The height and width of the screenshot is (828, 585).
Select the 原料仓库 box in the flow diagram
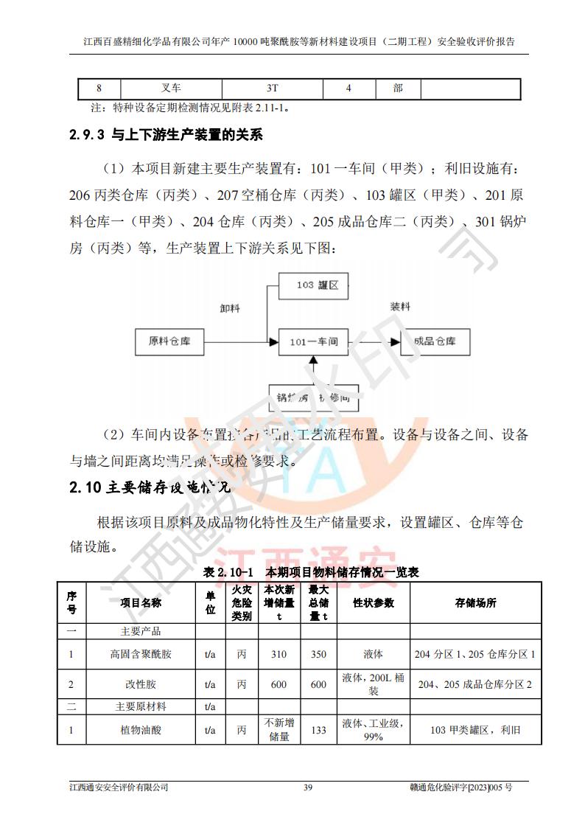pos(169,341)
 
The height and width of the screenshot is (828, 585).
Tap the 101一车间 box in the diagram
pos(313,341)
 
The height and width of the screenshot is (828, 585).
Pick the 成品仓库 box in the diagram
pos(435,341)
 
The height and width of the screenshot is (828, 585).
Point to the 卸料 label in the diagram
pos(231,309)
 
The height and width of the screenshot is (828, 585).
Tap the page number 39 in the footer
pos(308,787)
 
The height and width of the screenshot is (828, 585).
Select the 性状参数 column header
pos(374,602)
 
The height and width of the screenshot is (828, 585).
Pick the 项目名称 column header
pos(141,602)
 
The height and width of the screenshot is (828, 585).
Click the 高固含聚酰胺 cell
pos(141,653)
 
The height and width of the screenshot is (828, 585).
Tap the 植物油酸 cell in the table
pos(141,730)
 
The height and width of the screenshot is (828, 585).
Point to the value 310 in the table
pos(279,653)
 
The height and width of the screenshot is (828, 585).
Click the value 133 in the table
pos(318,730)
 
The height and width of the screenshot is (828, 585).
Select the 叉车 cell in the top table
pos(171,88)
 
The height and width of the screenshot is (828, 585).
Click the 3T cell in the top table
pos(273,88)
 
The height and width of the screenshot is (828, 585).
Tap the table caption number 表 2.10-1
pos(228,572)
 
